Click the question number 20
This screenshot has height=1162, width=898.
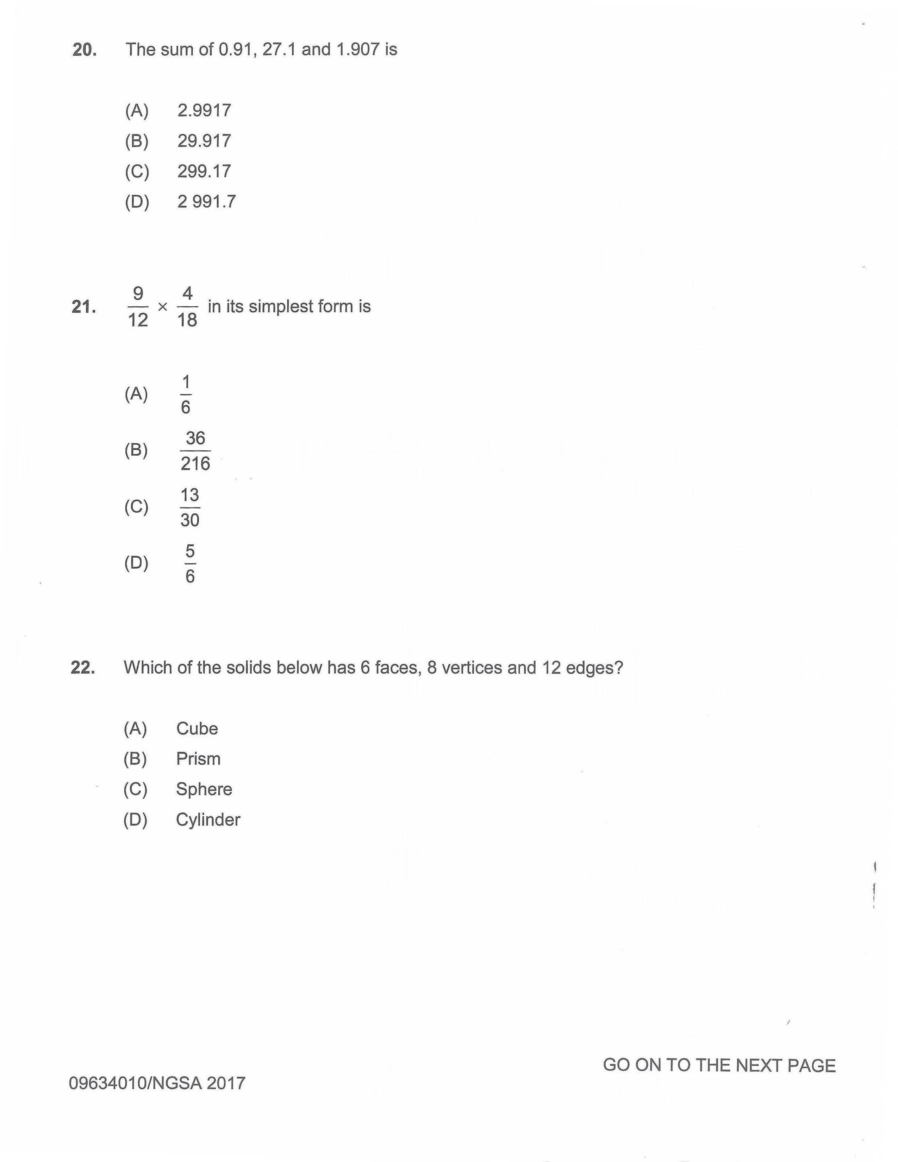pos(84,50)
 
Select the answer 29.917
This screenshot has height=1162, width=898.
pos(204,141)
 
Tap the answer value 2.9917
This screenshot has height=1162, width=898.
pos(204,111)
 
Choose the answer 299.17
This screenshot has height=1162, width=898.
pos(204,171)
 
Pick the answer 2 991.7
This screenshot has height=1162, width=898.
pos(206,202)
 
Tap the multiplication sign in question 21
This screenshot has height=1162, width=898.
pos(163,307)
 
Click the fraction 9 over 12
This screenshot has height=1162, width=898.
pos(138,307)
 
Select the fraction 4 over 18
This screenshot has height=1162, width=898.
pos(187,307)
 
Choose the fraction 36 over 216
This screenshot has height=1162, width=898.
pos(195,451)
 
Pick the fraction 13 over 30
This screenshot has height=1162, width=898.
pos(190,507)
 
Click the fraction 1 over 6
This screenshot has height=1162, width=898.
pos(186,395)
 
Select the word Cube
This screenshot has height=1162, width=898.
pos(197,729)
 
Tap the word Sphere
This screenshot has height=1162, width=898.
pos(204,789)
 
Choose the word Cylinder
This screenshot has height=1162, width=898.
pos(208,819)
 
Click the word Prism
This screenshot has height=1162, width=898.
pos(198,759)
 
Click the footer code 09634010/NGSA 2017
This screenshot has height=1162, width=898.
pos(157,1083)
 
